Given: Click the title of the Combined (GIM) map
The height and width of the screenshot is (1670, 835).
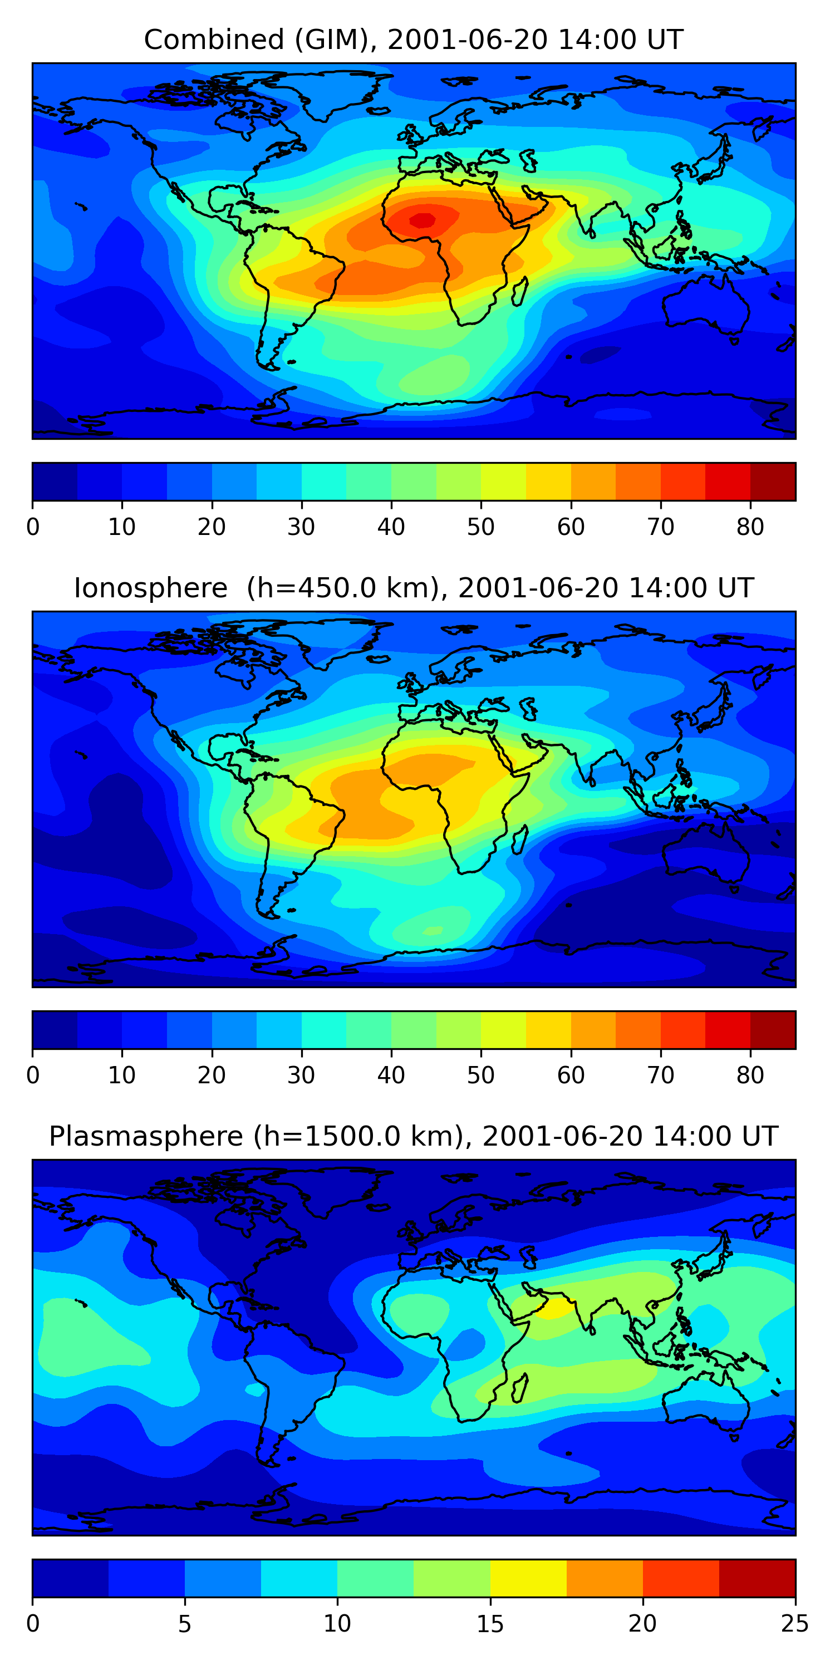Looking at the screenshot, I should (413, 40).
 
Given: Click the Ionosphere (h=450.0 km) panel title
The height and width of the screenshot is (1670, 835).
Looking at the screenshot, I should (413, 588).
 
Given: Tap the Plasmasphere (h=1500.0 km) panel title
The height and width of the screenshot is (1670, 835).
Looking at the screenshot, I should (413, 1137).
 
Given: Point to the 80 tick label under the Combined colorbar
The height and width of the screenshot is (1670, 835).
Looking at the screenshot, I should (750, 527).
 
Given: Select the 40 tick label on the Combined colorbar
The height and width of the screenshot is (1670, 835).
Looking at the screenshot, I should (391, 527).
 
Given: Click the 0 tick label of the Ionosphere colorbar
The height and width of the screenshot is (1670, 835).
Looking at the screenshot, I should (32, 1075).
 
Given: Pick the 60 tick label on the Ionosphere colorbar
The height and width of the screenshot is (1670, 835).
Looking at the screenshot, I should (571, 1075).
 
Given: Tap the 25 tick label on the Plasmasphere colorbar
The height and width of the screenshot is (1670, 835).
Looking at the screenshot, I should (795, 1624).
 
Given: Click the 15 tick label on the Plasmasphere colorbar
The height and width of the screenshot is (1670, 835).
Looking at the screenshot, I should (490, 1624).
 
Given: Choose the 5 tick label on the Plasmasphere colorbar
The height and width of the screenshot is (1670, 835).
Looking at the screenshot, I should (185, 1624).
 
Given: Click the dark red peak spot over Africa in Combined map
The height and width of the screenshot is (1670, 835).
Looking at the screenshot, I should (423, 220).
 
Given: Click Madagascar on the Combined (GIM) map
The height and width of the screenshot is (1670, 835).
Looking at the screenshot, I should (519, 292).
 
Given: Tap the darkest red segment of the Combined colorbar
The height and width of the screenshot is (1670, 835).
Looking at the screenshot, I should (773, 482).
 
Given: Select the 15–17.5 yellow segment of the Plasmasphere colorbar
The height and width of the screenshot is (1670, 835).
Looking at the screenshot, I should (528, 1578).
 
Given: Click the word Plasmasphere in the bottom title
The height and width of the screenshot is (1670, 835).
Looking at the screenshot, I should (146, 1137).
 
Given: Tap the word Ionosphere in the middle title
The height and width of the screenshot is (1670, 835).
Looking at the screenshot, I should (150, 588).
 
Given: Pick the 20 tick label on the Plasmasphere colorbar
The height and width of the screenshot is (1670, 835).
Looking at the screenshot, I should (642, 1624).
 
